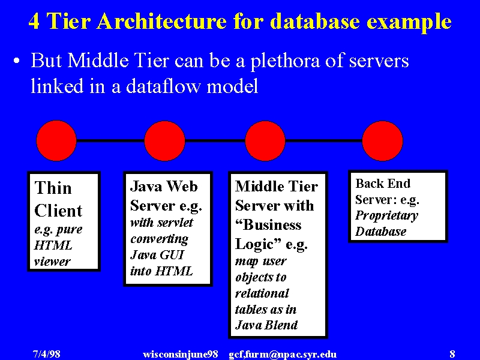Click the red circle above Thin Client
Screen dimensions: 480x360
click(x=56, y=141)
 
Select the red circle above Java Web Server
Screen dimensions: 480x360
click(x=164, y=141)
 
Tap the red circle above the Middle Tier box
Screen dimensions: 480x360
click(x=265, y=141)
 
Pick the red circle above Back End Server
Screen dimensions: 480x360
click(x=382, y=141)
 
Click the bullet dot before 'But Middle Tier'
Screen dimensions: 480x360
click(x=17, y=61)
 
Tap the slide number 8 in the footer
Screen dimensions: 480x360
click(x=452, y=354)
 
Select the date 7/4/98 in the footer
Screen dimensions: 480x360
click(x=47, y=354)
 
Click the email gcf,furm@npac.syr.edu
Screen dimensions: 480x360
click(x=283, y=355)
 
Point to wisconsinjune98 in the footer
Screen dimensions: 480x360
click(x=181, y=355)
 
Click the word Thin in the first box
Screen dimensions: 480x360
click(x=53, y=188)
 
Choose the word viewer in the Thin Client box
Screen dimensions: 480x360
click(x=52, y=262)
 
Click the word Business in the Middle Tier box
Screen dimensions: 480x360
click(x=268, y=225)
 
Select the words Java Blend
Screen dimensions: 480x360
click(x=266, y=325)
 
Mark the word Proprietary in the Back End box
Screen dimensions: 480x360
click(x=386, y=216)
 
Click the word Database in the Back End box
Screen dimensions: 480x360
click(x=380, y=232)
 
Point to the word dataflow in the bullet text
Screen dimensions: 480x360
click(x=163, y=86)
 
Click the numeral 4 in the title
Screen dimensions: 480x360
click(x=34, y=22)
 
